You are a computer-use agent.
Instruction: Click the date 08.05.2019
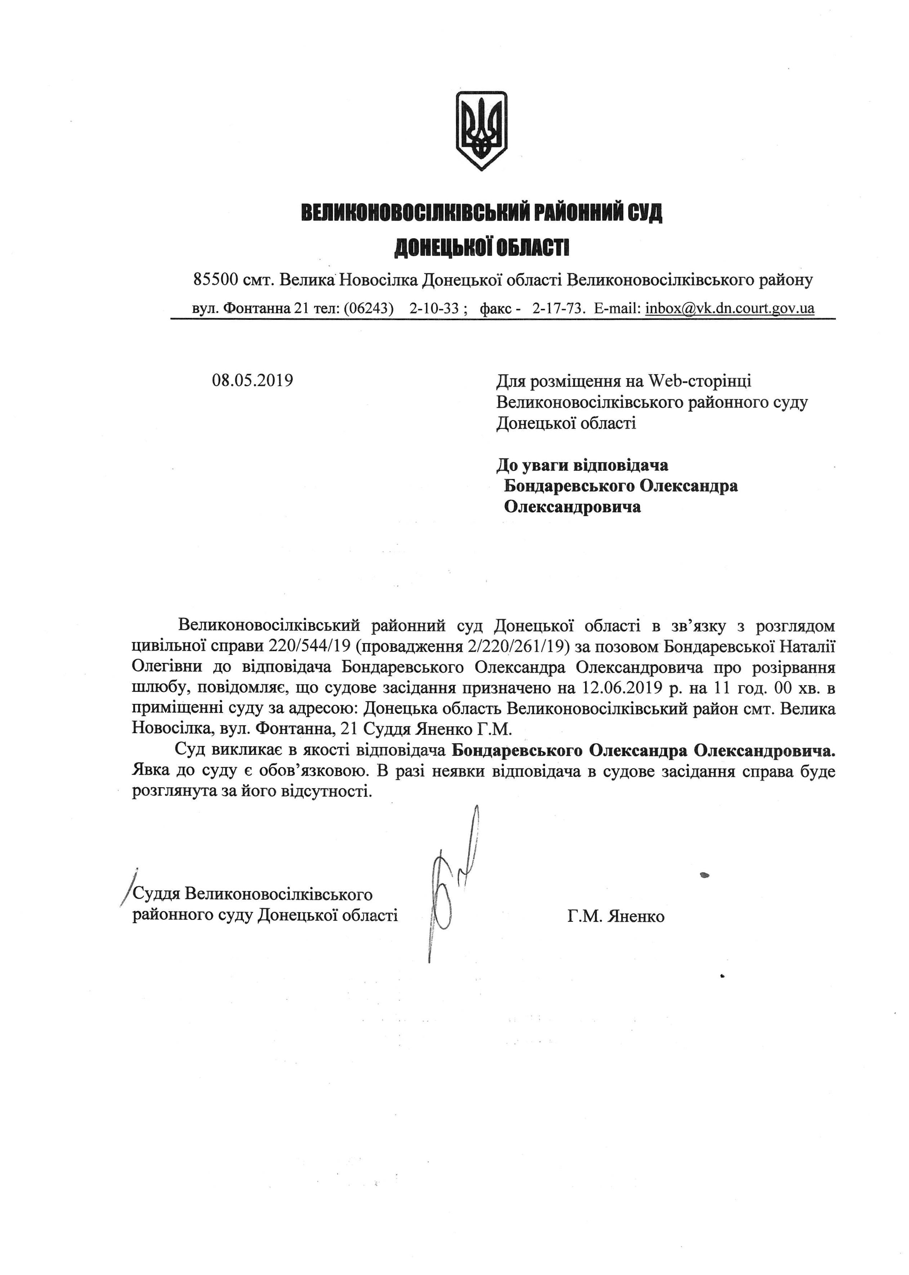tap(253, 381)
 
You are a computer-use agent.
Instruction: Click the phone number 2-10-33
tap(435, 308)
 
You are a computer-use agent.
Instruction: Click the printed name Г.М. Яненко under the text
tap(616, 917)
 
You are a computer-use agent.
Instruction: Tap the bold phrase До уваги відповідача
tap(582, 465)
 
